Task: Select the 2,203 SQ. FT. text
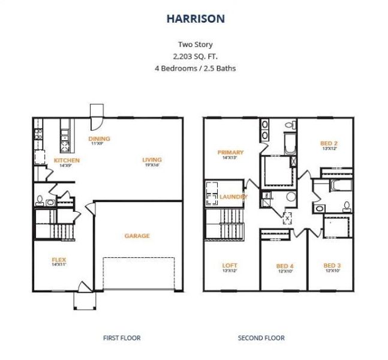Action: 195,56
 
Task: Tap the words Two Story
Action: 195,44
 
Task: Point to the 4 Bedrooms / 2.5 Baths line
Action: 195,68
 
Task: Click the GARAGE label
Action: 137,236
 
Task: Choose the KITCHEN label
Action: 67,160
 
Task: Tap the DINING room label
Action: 100,139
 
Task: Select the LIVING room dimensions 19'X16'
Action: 152,165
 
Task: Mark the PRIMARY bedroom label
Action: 230,152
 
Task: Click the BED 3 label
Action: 332,265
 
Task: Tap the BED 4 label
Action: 284,265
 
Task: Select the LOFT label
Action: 230,265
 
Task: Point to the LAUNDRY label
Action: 233,197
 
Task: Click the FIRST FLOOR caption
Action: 122,338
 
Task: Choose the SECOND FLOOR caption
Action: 261,338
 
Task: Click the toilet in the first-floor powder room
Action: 40,201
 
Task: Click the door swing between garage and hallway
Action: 91,208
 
